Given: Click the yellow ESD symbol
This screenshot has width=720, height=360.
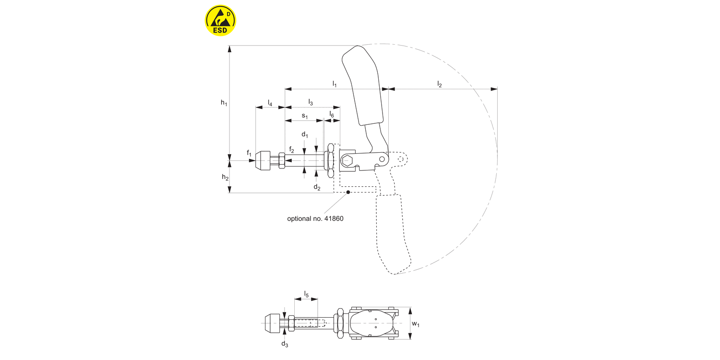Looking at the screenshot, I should coord(220,20).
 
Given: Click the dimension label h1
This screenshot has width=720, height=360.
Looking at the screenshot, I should coord(224,102).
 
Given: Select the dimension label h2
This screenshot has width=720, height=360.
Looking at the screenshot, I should coord(225,177).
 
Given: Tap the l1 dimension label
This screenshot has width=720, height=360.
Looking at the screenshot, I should coord(335,84).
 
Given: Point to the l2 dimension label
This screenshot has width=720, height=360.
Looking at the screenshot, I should coord(439,84).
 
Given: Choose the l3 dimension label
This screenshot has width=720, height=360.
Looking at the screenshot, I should coord(311,102).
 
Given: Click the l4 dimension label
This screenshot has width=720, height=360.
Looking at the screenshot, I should coord(270,103).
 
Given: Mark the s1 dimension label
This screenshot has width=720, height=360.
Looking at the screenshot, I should coord(304,116).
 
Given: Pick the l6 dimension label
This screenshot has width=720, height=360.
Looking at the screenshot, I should coord(332,115).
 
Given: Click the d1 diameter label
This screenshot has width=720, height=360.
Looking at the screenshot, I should coord(305,135).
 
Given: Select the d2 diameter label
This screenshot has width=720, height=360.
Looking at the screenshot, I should coord(317,187).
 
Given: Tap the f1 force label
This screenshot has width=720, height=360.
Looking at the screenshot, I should coord(249,153).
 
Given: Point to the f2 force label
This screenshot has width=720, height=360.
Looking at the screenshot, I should coord(291,150).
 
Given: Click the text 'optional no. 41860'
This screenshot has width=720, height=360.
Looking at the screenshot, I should coord(315,218).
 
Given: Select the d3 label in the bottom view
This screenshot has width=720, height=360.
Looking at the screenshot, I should coord(285,344).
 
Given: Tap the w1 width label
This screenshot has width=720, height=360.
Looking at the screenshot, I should coord(416,324).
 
